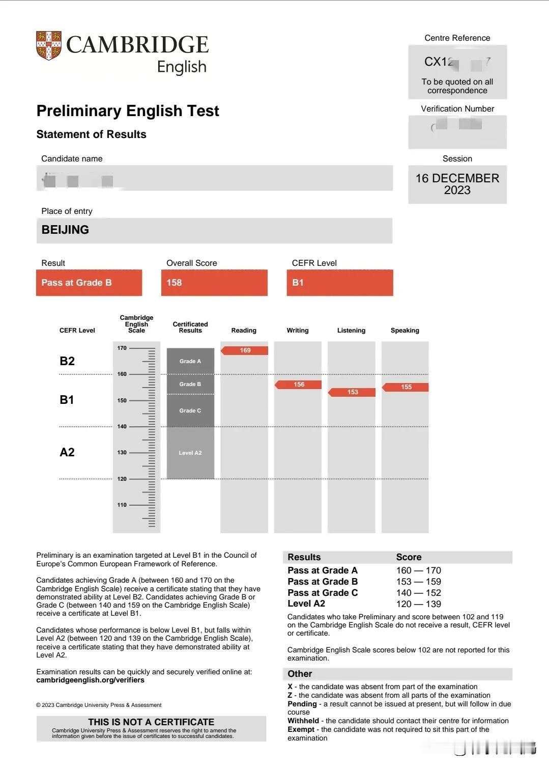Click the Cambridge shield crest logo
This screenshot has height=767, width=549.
point(49,45)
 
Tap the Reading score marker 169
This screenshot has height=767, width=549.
point(245,350)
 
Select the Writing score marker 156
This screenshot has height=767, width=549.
point(299,385)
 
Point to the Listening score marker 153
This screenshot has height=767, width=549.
point(353,392)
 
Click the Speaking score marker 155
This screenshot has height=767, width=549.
point(406,387)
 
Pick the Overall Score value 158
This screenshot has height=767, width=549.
point(175,283)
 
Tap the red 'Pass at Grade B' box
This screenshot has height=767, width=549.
point(89,283)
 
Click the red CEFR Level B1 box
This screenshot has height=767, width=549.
point(339,283)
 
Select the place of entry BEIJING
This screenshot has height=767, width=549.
point(66,230)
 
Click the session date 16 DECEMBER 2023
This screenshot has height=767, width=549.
point(457,184)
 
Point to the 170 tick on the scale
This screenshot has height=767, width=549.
point(122,348)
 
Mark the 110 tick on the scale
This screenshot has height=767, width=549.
point(122,505)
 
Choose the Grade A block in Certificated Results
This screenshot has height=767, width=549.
point(190,361)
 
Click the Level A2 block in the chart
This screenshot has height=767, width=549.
point(190,453)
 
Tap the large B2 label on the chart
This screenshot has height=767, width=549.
point(67,361)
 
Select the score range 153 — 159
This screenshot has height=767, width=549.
point(419,582)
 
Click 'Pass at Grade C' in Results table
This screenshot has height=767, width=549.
point(323,593)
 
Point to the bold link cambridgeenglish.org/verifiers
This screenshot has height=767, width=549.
point(91,680)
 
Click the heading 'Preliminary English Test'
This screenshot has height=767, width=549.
point(128,111)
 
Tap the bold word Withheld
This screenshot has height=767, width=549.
point(303,721)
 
